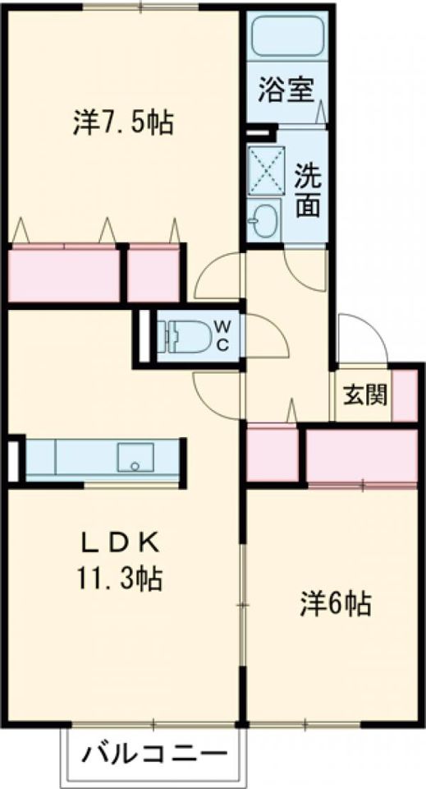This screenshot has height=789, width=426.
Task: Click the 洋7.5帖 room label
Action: [121, 124]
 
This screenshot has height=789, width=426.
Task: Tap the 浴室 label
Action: [287, 90]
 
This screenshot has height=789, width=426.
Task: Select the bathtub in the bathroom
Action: [287, 38]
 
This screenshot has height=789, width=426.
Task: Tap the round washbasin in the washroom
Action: [264, 220]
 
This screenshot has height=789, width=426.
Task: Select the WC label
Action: [222, 336]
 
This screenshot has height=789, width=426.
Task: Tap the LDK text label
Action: [121, 544]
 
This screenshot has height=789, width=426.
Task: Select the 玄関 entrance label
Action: [362, 395]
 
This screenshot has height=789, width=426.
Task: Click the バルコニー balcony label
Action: [153, 752]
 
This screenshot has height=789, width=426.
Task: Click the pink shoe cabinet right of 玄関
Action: [405, 395]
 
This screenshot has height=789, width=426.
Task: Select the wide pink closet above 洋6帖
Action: [362, 454]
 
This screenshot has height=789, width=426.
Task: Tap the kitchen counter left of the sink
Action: [70, 459]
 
